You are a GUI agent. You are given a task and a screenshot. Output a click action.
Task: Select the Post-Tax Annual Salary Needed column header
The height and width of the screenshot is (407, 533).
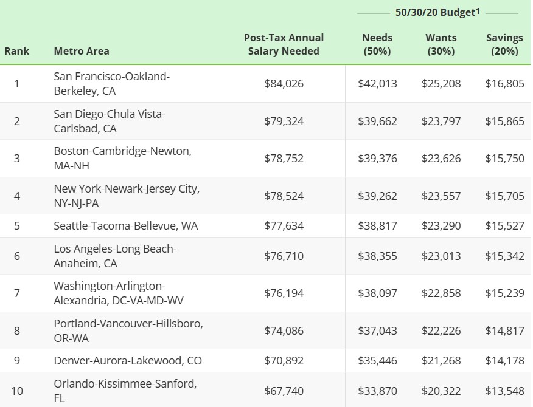[x=284, y=44]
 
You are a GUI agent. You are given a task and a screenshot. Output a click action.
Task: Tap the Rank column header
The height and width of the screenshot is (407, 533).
[x=16, y=51]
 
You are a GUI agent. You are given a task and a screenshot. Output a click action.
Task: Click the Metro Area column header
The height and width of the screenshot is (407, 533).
[x=82, y=51]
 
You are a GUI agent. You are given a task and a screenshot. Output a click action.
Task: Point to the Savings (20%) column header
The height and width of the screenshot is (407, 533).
[x=504, y=44]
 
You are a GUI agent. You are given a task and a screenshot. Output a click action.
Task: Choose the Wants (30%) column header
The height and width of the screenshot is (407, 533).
[x=441, y=44]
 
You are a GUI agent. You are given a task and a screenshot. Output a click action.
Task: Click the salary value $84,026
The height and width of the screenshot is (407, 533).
[x=284, y=84]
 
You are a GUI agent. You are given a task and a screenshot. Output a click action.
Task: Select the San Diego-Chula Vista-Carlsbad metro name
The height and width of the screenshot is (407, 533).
[x=109, y=121]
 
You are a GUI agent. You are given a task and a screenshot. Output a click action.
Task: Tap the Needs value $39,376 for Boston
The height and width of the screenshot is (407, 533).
[x=377, y=159]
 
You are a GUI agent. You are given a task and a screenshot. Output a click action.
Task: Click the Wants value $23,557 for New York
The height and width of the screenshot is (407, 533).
[x=441, y=196]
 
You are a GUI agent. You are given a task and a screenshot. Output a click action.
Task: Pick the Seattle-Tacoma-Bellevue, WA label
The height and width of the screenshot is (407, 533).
[x=126, y=226]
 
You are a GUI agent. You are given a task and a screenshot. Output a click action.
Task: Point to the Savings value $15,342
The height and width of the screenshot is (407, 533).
[x=504, y=256]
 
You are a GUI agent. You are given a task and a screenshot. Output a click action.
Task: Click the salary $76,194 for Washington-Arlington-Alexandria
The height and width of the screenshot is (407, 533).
[x=284, y=293]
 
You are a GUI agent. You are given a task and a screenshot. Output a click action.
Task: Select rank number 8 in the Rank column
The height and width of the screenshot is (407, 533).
[x=16, y=330]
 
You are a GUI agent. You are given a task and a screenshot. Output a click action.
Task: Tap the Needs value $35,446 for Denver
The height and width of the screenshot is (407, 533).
[x=377, y=361]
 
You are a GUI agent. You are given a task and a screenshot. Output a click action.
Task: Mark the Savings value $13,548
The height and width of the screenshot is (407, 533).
[x=504, y=391]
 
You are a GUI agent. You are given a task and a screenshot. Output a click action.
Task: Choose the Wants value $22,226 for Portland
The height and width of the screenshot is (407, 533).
[x=441, y=330]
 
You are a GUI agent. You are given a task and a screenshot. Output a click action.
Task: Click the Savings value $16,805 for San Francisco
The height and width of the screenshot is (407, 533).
[x=504, y=84]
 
